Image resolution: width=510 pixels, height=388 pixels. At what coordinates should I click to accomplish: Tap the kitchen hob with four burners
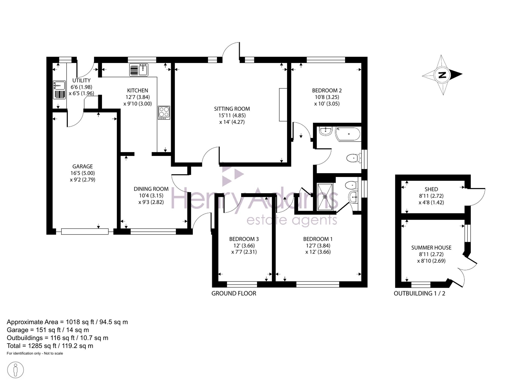click(x=164, y=112)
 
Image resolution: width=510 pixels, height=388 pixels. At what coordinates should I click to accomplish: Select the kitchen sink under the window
click(x=139, y=70)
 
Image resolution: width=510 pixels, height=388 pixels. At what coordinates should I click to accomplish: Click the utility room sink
click(x=59, y=90)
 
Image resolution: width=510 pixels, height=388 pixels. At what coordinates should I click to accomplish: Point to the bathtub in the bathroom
click(x=348, y=134)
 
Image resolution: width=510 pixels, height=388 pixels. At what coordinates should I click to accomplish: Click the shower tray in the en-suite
click(x=325, y=197)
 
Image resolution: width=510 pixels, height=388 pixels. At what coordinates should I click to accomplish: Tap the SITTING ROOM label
click(x=232, y=109)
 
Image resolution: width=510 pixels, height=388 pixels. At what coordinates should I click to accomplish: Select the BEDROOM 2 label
click(x=327, y=90)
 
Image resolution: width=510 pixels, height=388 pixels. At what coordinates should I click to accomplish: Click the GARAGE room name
click(x=82, y=166)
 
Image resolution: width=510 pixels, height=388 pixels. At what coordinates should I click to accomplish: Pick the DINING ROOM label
click(x=151, y=189)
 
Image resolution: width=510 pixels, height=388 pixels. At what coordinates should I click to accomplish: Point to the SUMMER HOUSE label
click(x=431, y=247)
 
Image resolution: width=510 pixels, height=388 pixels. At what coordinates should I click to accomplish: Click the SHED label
click(x=431, y=189)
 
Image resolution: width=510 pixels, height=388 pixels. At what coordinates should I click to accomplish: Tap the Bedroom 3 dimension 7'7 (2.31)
click(x=244, y=252)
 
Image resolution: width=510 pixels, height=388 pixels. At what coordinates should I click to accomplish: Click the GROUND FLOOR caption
click(x=234, y=293)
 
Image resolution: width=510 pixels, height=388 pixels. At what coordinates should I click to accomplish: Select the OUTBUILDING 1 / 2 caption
click(x=419, y=293)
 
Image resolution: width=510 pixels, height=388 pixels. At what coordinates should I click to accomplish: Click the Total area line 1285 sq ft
click(x=50, y=346)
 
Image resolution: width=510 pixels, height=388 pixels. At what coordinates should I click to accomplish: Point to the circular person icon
click(x=16, y=370)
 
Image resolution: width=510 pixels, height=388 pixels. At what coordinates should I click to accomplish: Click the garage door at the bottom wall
click(x=85, y=231)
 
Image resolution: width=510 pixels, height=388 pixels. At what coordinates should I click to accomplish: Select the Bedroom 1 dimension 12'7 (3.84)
click(x=318, y=245)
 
